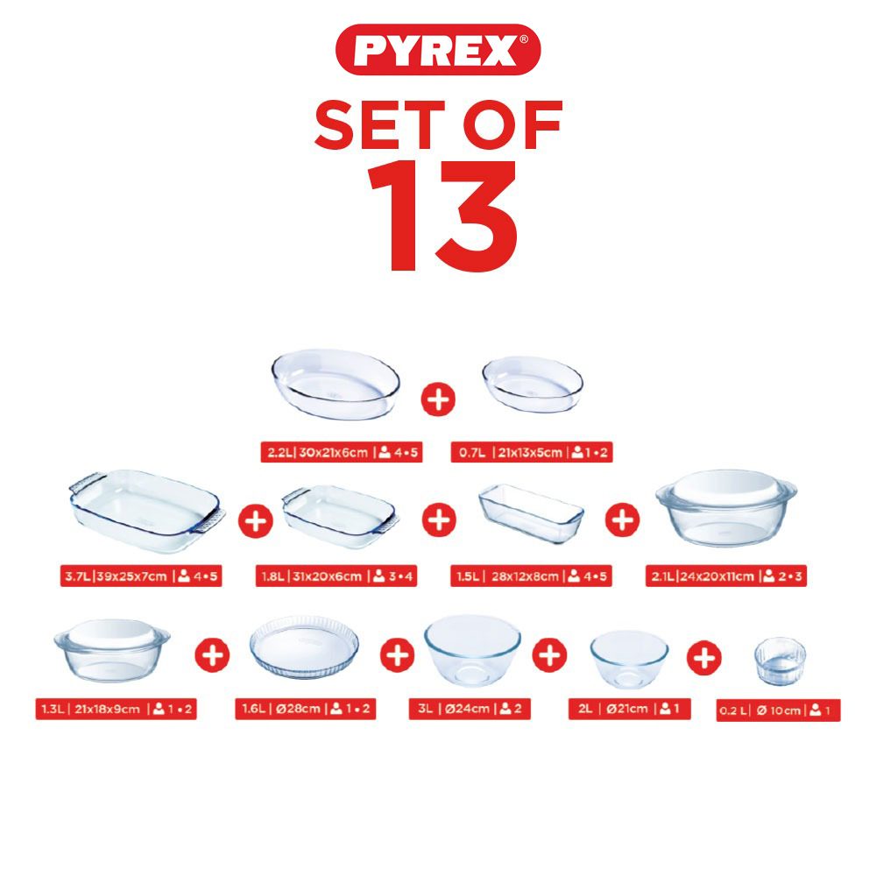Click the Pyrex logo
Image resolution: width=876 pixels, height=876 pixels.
click(x=438, y=49)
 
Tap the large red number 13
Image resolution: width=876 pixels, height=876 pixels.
click(x=442, y=216)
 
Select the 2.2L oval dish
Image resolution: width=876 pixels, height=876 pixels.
click(x=336, y=385)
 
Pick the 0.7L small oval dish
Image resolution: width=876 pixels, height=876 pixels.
click(x=533, y=385)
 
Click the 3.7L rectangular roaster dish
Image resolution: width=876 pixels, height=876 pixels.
click(x=147, y=512)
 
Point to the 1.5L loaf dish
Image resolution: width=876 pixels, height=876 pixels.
click(x=532, y=513)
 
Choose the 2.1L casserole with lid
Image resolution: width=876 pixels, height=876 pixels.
click(x=726, y=507)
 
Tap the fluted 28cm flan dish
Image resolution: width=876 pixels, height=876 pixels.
click(x=305, y=647)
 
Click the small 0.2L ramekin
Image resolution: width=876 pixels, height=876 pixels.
click(x=780, y=661)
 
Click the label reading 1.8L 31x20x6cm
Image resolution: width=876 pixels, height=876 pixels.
click(x=336, y=576)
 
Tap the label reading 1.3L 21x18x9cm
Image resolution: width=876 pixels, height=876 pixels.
click(x=117, y=709)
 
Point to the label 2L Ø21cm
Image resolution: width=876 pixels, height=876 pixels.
click(x=630, y=709)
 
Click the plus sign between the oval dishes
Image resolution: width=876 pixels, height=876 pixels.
click(x=438, y=399)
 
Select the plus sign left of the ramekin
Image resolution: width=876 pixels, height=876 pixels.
click(x=704, y=658)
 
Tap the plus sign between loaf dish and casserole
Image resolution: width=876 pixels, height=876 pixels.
click(x=622, y=519)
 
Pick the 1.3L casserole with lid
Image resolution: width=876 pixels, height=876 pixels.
click(x=112, y=650)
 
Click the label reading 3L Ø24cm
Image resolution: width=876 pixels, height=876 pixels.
click(x=470, y=709)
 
